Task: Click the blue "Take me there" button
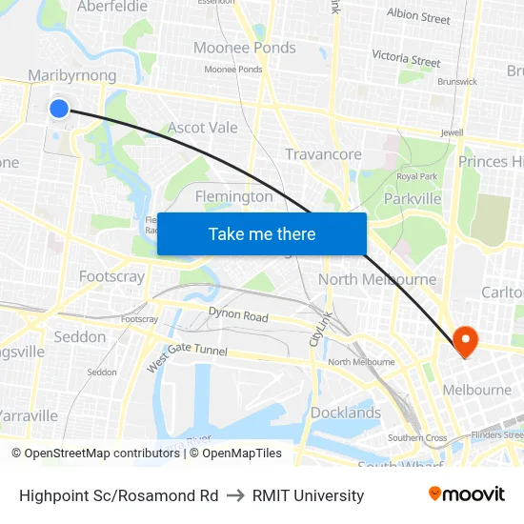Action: click(x=262, y=233)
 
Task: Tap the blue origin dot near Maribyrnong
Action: click(x=59, y=109)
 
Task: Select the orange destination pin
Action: click(x=466, y=341)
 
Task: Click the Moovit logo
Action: click(x=467, y=494)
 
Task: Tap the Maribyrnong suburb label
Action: click(x=72, y=75)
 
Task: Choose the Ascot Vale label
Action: click(x=202, y=127)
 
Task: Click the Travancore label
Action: click(x=324, y=153)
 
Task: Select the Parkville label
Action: click(x=413, y=198)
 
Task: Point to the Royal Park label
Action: click(x=416, y=176)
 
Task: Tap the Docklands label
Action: click(x=345, y=413)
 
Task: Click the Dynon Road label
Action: click(x=238, y=316)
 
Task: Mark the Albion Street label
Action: click(x=418, y=16)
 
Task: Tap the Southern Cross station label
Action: click(x=417, y=438)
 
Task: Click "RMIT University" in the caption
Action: click(x=308, y=495)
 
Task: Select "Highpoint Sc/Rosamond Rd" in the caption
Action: click(x=118, y=495)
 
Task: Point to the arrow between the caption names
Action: click(x=235, y=495)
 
